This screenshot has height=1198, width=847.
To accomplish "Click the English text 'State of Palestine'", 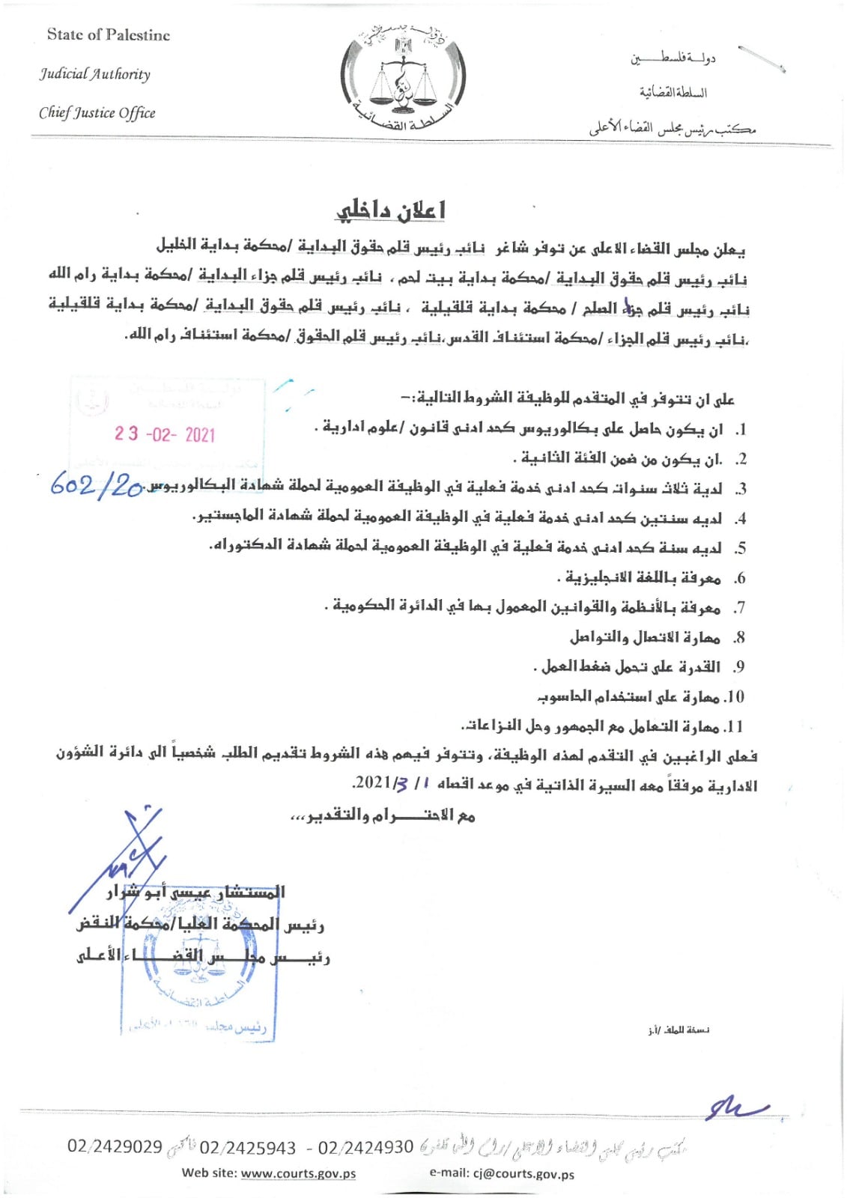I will [108, 35].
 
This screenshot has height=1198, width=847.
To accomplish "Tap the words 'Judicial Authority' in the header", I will [95, 74].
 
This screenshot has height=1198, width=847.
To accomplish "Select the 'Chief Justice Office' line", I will [97, 113].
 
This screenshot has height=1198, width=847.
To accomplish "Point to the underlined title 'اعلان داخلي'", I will [389, 211].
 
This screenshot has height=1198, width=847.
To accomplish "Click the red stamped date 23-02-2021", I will [165, 434].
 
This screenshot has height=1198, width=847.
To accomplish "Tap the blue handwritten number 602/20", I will [97, 486].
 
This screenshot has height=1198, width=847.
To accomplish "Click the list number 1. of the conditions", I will [740, 431].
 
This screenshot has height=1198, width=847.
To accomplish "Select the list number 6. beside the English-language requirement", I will [740, 579].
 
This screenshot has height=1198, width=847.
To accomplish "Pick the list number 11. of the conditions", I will [735, 727].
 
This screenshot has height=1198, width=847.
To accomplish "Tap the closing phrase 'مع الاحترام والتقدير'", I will [382, 815].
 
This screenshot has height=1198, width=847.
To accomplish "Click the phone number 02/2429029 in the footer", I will [115, 1146].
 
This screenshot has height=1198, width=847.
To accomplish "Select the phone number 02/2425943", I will [248, 1148].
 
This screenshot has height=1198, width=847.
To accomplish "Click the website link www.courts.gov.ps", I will [298, 1173].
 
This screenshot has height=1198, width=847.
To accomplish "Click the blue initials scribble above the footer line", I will [734, 1108].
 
